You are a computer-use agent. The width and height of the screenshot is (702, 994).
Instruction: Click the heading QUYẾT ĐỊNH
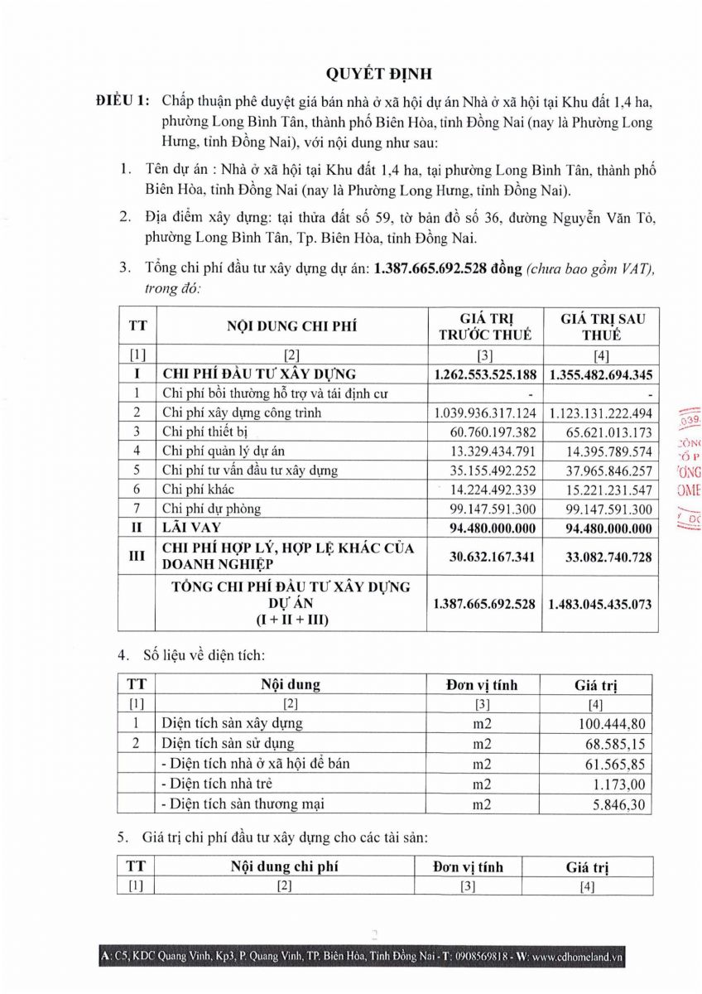379,74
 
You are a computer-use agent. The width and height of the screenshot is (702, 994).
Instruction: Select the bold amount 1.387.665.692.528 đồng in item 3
448,268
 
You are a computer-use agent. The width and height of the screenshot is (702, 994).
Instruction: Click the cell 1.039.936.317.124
485,413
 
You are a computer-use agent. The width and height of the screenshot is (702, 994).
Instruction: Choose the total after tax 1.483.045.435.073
601,604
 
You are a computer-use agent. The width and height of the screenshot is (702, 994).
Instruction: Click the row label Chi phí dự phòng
211,509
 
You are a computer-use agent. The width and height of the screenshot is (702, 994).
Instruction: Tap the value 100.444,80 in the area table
614,724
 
